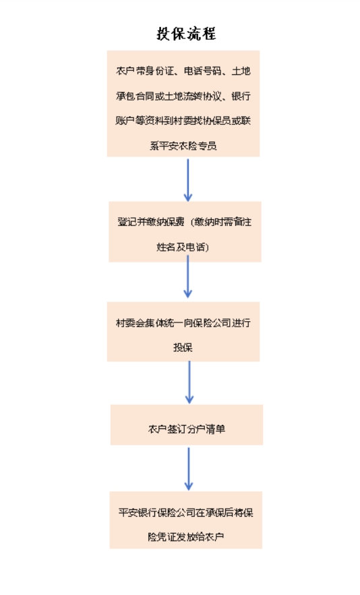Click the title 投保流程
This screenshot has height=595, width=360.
186,34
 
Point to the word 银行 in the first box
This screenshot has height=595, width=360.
241,96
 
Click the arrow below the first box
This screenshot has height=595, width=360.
188,180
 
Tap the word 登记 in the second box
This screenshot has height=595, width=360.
127,221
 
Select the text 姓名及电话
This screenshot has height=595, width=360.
180,247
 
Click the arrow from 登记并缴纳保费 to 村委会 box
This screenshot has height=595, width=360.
188,277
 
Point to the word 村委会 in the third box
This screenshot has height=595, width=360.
130,323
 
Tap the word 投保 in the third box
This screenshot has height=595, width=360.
183,347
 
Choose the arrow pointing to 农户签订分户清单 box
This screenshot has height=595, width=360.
189,382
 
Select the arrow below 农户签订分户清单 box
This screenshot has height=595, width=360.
189,469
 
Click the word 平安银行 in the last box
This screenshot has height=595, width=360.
138,513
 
